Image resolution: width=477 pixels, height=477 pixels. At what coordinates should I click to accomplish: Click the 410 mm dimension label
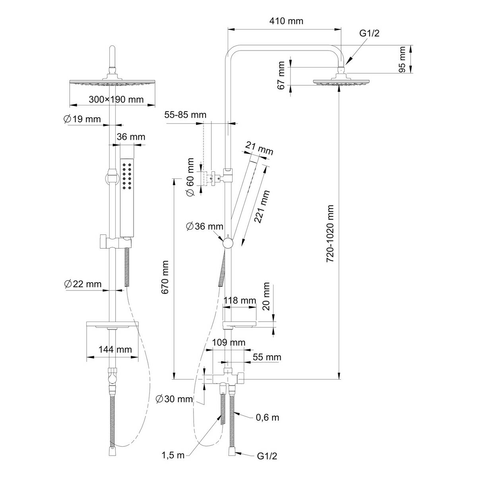tap(283, 21)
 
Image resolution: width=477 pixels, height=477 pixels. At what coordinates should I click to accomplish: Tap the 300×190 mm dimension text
tap(116, 99)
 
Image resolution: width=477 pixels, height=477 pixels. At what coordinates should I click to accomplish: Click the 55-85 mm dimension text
tap(186, 115)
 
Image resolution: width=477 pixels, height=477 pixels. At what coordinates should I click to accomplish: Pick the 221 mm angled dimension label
tap(262, 207)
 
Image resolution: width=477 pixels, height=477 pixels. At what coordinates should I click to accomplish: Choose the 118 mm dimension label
tap(240, 300)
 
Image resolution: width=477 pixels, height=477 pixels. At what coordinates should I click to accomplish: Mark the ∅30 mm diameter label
tap(174, 399)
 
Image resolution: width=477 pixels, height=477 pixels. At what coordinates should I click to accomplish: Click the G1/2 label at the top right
tap(370, 33)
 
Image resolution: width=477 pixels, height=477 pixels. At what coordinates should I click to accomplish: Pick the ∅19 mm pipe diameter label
tap(82, 119)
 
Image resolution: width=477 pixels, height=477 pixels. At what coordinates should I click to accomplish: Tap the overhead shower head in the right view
tap(339, 82)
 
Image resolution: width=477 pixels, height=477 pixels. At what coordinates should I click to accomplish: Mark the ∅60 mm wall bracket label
tap(191, 177)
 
